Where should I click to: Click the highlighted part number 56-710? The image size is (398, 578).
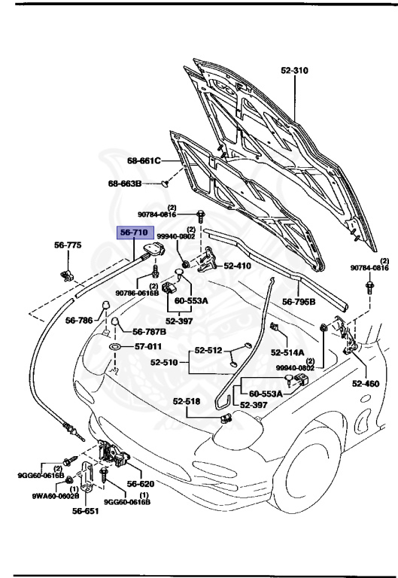(135, 233)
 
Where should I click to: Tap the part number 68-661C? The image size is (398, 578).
(144, 160)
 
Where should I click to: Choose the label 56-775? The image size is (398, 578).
(67, 245)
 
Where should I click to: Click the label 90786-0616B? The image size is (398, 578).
(137, 293)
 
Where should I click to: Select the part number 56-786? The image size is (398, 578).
(79, 320)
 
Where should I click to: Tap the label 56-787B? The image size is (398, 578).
(149, 331)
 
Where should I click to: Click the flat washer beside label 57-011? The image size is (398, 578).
(115, 347)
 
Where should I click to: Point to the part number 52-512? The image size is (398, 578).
(208, 350)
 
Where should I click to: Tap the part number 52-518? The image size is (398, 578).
(186, 401)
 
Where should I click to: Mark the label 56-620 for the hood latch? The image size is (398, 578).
(140, 484)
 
